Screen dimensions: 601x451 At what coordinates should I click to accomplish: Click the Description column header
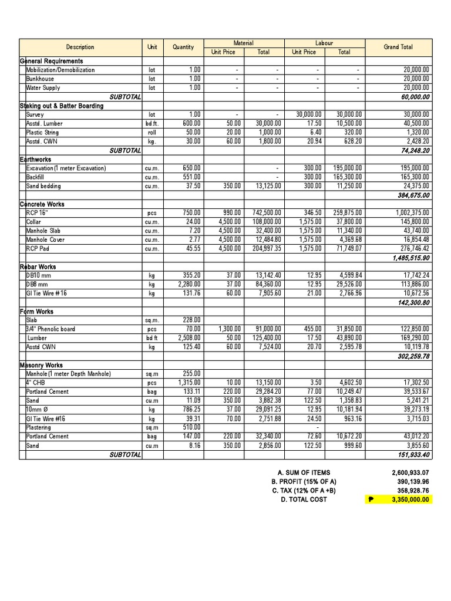80,47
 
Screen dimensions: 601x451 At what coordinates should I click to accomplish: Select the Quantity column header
183,47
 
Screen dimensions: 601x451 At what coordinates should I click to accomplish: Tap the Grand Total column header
398,47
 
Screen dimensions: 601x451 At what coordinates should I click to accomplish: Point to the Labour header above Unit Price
324,43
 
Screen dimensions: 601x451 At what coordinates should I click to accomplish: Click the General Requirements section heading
52,61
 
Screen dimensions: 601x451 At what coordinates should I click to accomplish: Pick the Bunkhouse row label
40,79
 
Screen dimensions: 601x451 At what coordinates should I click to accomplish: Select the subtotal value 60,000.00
415,97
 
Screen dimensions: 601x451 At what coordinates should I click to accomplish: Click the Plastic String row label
42,133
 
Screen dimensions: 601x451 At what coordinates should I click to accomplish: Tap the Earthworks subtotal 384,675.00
414,195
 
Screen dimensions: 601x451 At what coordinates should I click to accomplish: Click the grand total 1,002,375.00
409,213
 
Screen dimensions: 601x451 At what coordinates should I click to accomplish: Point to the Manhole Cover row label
45,239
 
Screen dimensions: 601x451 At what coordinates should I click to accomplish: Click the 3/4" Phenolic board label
51,329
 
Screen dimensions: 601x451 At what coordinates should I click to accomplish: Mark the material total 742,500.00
264,213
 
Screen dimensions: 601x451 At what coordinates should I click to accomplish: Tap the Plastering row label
39,427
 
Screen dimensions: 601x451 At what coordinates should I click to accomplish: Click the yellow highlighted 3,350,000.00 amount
410,499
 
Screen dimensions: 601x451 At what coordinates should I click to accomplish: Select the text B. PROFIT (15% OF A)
304,481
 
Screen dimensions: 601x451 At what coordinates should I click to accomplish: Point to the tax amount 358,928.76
410,491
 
